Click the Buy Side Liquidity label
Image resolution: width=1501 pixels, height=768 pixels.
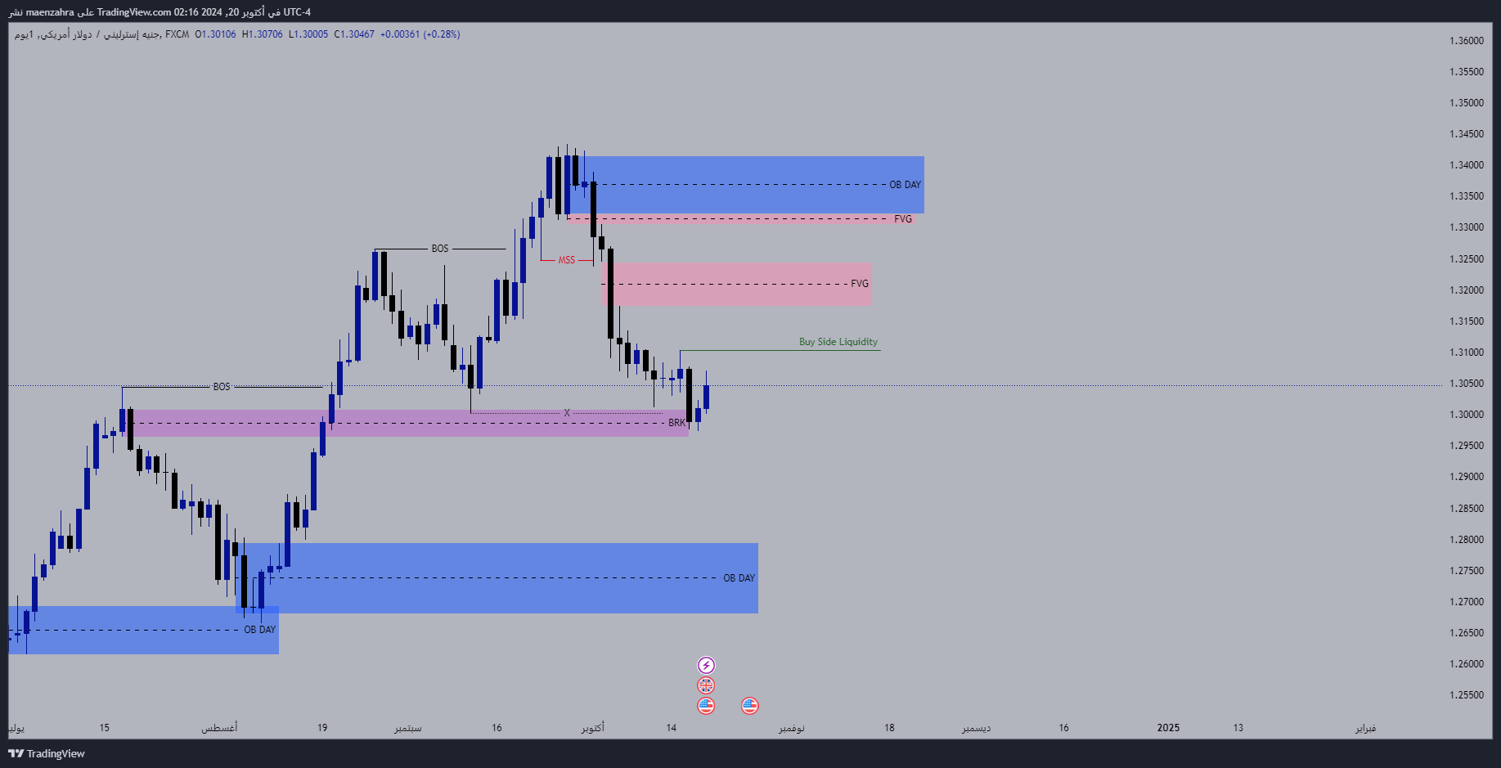[x=838, y=342]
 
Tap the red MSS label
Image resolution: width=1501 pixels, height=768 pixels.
[x=566, y=260]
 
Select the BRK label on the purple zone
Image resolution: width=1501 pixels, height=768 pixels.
[x=676, y=423]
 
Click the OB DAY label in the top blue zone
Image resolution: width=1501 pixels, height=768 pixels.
[x=905, y=185]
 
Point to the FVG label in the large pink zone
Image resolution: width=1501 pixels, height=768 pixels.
[x=859, y=284]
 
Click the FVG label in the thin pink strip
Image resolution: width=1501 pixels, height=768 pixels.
[x=902, y=219]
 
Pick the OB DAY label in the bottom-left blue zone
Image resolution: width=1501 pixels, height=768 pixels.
[x=259, y=630]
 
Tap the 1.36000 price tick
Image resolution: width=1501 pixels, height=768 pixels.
[x=1466, y=41]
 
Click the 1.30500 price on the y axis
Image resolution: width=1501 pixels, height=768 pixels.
[x=1466, y=384]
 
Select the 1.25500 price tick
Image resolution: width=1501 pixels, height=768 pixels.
[x=1466, y=695]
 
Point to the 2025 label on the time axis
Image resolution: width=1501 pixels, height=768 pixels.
[x=1168, y=728]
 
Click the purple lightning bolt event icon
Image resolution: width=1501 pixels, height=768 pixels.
[x=706, y=666]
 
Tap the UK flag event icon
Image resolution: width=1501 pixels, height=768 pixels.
[x=706, y=685]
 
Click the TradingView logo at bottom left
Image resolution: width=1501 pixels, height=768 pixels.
[x=47, y=753]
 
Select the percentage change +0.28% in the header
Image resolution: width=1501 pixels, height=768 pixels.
[x=442, y=34]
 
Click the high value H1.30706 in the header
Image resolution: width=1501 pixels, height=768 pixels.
[x=262, y=34]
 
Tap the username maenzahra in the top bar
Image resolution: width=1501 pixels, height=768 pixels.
[x=50, y=12]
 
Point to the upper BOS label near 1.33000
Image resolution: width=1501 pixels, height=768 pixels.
[x=440, y=249]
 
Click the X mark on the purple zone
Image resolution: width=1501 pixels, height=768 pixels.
[x=567, y=413]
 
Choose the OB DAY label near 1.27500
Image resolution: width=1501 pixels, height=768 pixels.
[x=739, y=578]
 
